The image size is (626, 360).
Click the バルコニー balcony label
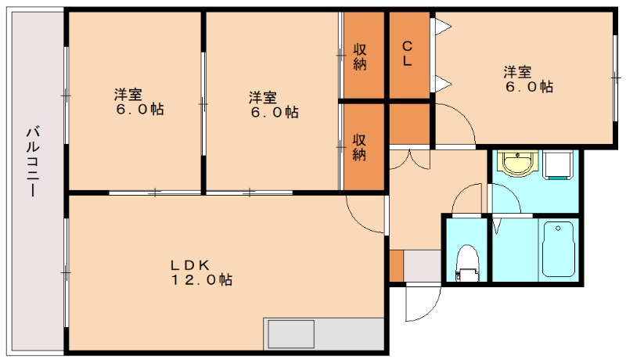pyautogui.click(x=33, y=160)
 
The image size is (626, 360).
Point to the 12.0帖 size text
pyautogui.click(x=202, y=279)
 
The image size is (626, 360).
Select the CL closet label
pyautogui.click(x=408, y=53)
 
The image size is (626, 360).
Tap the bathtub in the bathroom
pyautogui.click(x=557, y=248)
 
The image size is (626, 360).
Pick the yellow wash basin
pyautogui.click(x=516, y=164)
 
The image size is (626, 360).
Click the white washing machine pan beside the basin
pyautogui.click(x=558, y=165)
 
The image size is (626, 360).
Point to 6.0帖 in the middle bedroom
pyautogui.click(x=274, y=113)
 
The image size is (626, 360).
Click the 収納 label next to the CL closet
pyautogui.click(x=360, y=56)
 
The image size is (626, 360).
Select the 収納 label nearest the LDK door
pyautogui.click(x=359, y=146)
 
